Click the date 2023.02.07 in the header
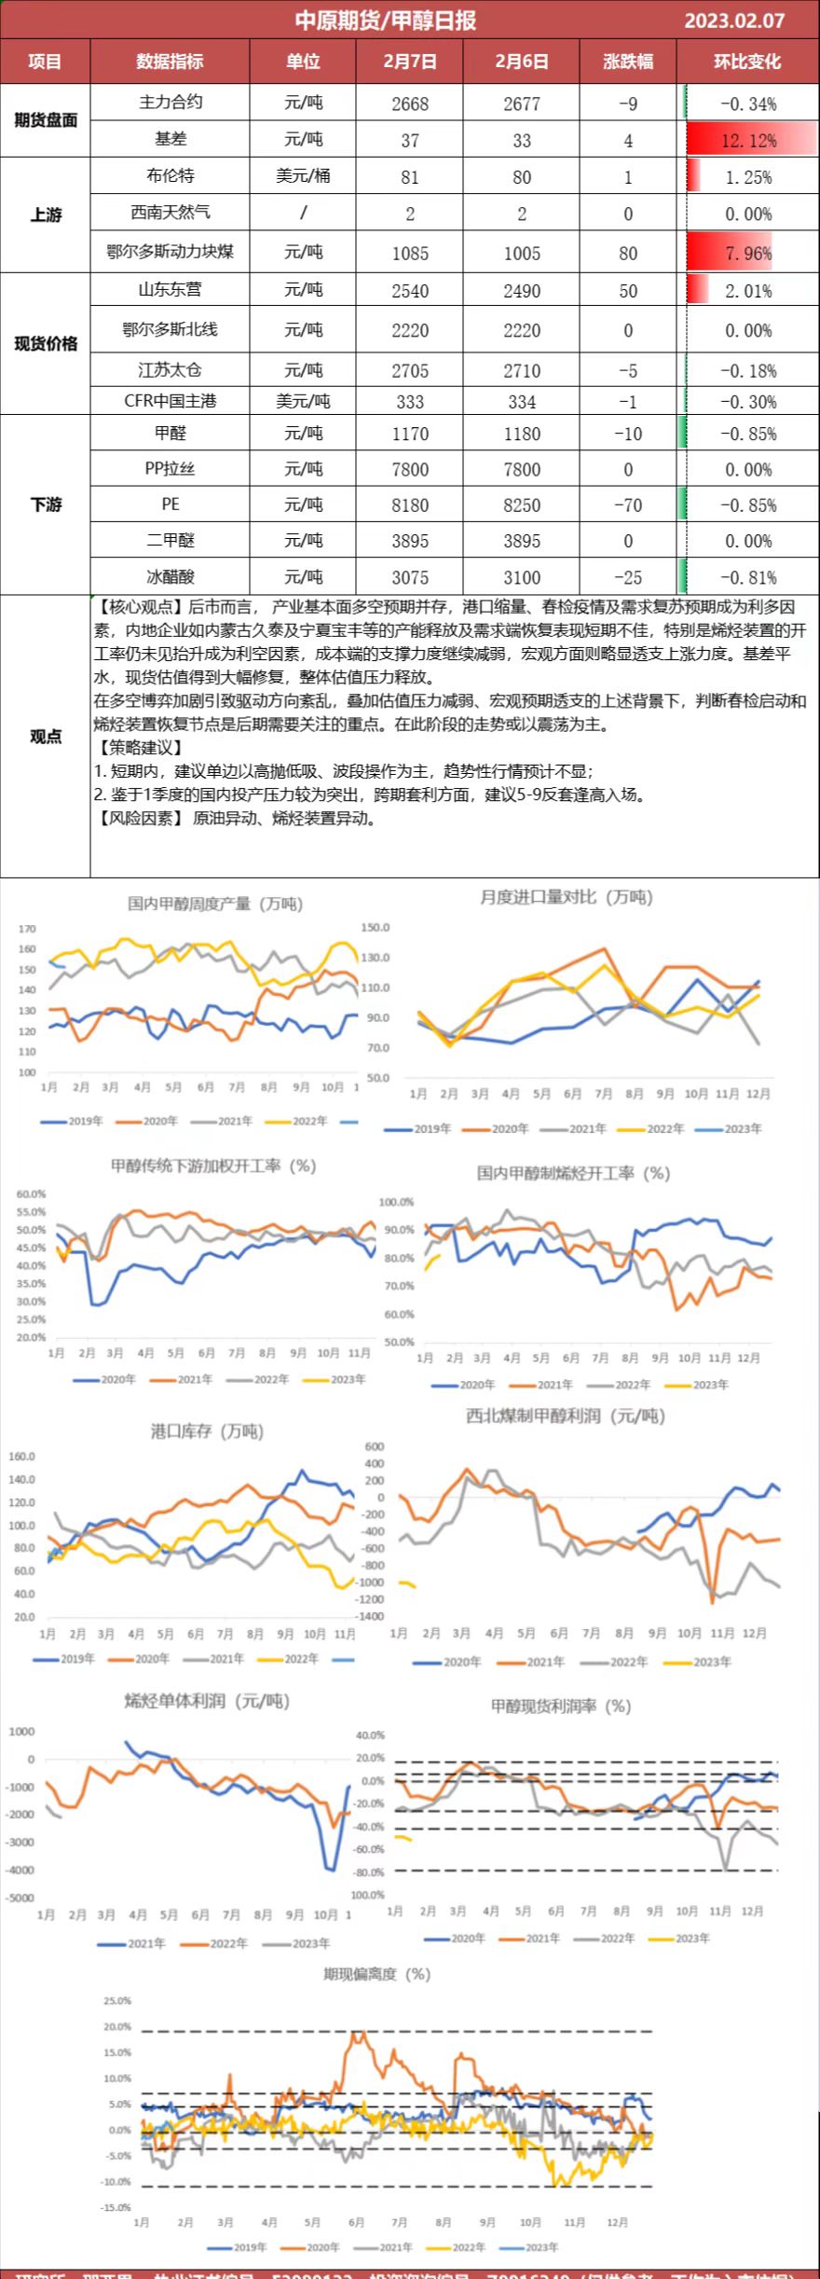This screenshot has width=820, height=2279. tap(734, 21)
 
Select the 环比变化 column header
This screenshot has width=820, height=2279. tap(747, 62)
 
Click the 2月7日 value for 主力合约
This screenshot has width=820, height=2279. tap(410, 104)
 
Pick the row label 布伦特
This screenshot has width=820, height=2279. tap(170, 175)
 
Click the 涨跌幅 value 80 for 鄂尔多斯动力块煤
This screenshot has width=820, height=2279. tap(628, 253)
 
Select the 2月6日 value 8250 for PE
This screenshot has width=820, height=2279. tap(521, 505)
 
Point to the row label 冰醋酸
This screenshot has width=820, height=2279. tap(170, 576)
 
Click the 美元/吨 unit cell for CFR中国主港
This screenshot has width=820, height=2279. tap(303, 401)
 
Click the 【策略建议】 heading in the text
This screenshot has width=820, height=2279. tap(140, 747)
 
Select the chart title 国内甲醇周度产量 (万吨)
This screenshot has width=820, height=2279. tap(215, 903)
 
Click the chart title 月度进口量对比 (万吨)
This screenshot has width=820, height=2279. tap(567, 897)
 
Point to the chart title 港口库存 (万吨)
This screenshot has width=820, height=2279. tap(207, 1430)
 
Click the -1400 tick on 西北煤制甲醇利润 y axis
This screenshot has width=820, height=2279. tap(372, 1616)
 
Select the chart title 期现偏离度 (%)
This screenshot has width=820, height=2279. tap(376, 1974)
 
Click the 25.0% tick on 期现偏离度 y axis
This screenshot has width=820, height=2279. tap(117, 2001)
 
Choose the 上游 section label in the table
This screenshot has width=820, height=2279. tap(45, 214)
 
